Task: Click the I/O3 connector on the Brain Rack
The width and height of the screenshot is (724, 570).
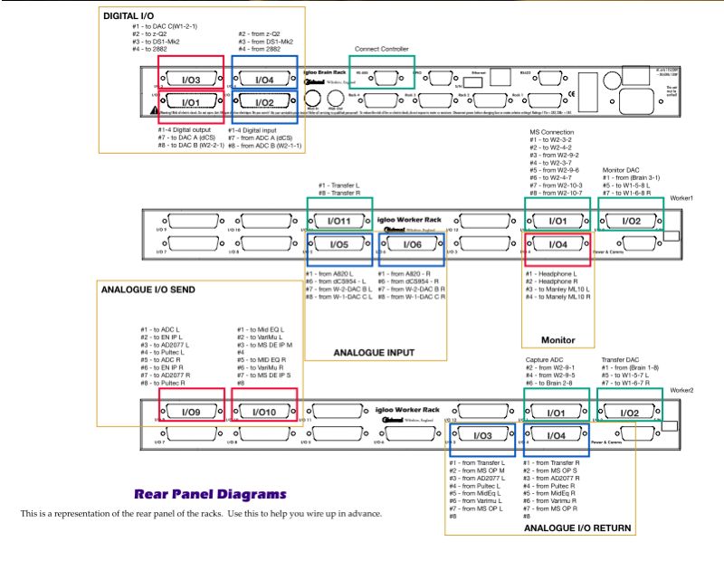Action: pyautogui.click(x=190, y=81)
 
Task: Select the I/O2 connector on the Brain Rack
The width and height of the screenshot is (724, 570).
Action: pyautogui.click(x=264, y=102)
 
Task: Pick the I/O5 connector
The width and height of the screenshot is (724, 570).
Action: pyautogui.click(x=338, y=244)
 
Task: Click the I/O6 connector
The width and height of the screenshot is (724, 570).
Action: pyautogui.click(x=412, y=244)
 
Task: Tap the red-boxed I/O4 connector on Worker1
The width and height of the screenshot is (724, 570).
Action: pyautogui.click(x=557, y=244)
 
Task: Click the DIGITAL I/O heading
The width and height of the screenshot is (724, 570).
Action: pyautogui.click(x=129, y=16)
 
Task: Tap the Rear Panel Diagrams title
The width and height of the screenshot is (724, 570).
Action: pyautogui.click(x=210, y=495)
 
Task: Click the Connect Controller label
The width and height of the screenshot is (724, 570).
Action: pyautogui.click(x=381, y=49)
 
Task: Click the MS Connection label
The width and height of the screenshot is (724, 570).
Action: pyautogui.click(x=552, y=132)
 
